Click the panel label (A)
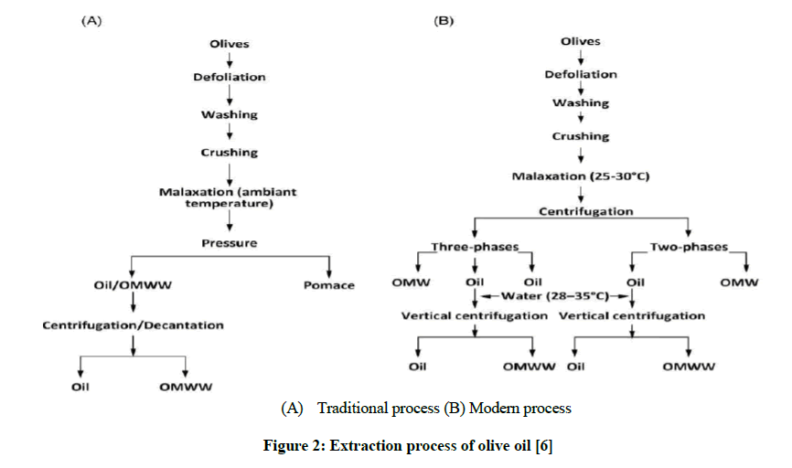(x=91, y=21)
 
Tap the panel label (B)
(x=444, y=21)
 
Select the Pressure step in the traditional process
(x=230, y=243)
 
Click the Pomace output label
(x=329, y=285)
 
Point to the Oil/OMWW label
(x=133, y=285)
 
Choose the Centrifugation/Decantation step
(x=133, y=325)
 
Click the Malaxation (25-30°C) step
(x=581, y=176)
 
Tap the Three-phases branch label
(x=475, y=247)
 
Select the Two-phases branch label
(x=689, y=247)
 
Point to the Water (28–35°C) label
(x=555, y=296)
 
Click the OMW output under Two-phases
(x=739, y=282)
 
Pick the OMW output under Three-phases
(x=412, y=282)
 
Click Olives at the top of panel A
(x=230, y=44)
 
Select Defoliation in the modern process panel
(x=581, y=74)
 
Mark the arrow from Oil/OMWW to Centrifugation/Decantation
(x=133, y=303)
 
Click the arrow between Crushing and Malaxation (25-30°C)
(x=581, y=155)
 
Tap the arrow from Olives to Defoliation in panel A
(x=230, y=60)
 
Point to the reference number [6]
(x=544, y=446)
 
